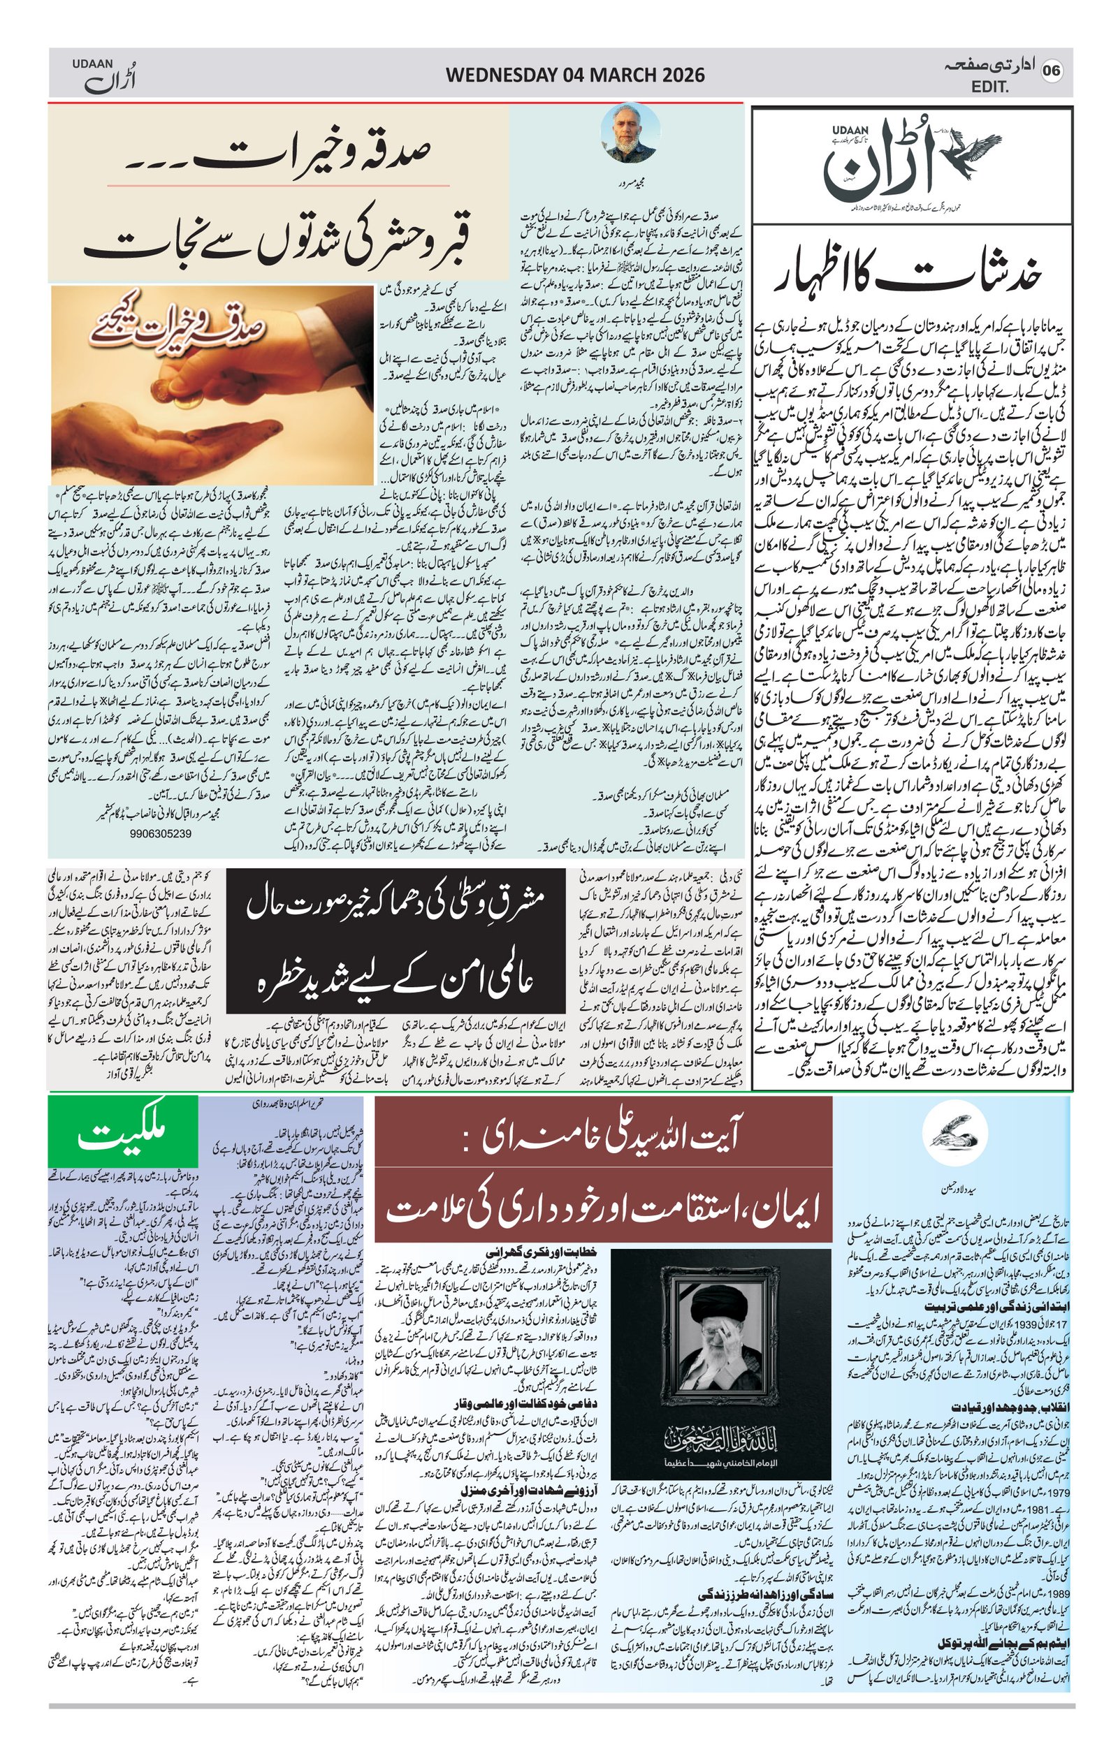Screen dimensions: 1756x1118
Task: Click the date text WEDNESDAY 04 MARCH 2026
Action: (x=574, y=75)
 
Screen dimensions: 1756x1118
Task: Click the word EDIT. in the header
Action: (x=989, y=87)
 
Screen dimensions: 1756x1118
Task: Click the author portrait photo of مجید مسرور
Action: (x=630, y=134)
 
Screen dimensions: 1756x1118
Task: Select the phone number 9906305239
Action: (x=161, y=833)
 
